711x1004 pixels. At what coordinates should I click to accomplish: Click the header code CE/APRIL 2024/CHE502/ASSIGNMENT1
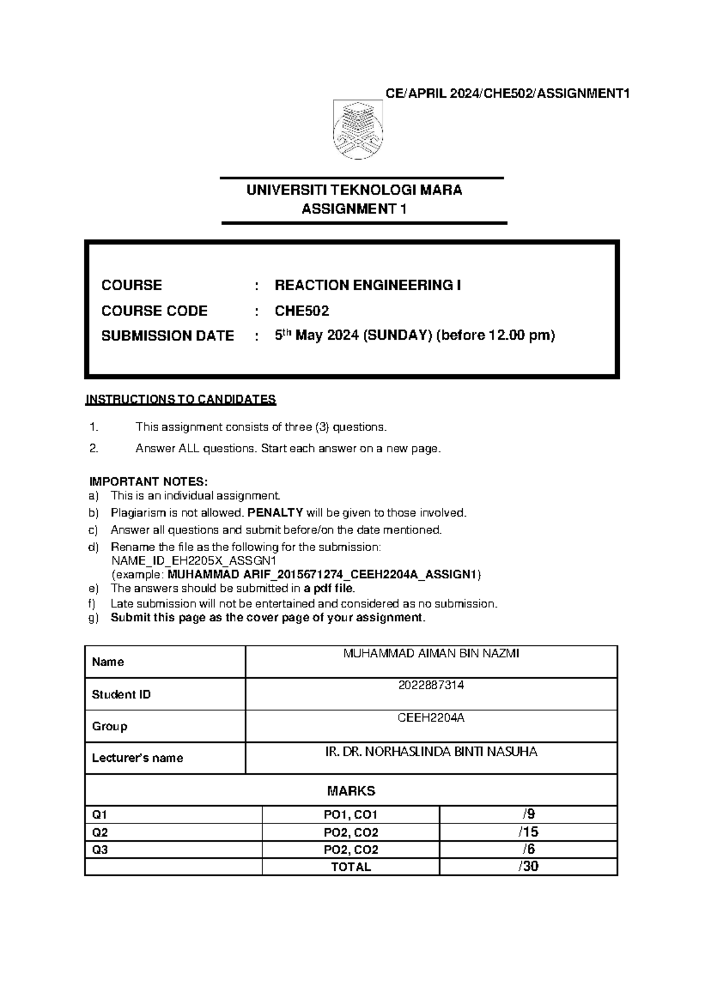(x=507, y=94)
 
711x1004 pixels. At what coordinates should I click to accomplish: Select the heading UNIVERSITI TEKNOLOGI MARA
(x=354, y=190)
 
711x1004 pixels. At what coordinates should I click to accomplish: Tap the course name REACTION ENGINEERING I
(x=367, y=285)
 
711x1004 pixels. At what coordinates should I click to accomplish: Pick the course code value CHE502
(x=302, y=311)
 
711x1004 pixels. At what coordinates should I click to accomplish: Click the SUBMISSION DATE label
(x=168, y=336)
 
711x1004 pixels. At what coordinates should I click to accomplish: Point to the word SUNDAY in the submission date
(x=396, y=336)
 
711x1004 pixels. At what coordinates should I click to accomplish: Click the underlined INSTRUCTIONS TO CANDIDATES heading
(x=181, y=400)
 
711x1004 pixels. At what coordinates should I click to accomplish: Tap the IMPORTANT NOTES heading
(x=148, y=481)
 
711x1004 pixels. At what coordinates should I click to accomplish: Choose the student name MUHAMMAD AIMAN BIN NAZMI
(x=431, y=654)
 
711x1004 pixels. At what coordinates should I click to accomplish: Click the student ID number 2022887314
(x=431, y=686)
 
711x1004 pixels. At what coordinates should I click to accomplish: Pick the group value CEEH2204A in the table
(x=431, y=718)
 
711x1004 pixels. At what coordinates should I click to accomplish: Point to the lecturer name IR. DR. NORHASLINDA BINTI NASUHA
(x=431, y=752)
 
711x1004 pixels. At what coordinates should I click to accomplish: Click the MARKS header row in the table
(x=351, y=791)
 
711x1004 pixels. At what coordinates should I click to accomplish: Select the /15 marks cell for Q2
(x=528, y=832)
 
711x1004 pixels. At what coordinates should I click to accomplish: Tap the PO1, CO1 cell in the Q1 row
(x=351, y=815)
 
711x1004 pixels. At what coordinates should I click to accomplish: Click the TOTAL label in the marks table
(x=351, y=867)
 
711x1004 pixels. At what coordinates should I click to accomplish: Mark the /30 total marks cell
(x=528, y=867)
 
